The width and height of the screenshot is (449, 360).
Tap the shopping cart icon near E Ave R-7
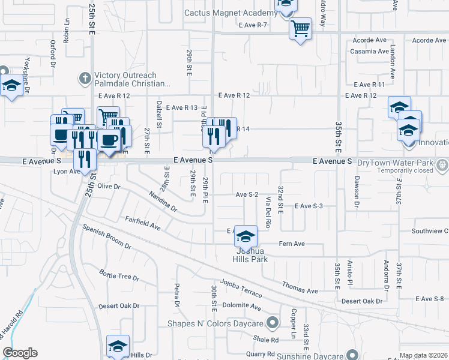click(300, 28)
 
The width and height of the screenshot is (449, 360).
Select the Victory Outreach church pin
click(84, 78)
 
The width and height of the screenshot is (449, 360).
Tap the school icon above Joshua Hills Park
click(246, 236)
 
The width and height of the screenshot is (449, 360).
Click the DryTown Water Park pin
click(442, 163)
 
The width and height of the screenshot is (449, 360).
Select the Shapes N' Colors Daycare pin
click(273, 323)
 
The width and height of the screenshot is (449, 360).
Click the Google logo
click(20, 353)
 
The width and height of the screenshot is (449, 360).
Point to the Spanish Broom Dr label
click(107, 237)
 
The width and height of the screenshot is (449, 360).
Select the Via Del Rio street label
click(268, 215)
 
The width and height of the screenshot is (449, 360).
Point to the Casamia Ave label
click(369, 51)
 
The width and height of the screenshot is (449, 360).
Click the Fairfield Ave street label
click(143, 223)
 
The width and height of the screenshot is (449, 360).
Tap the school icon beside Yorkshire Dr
click(11, 86)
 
